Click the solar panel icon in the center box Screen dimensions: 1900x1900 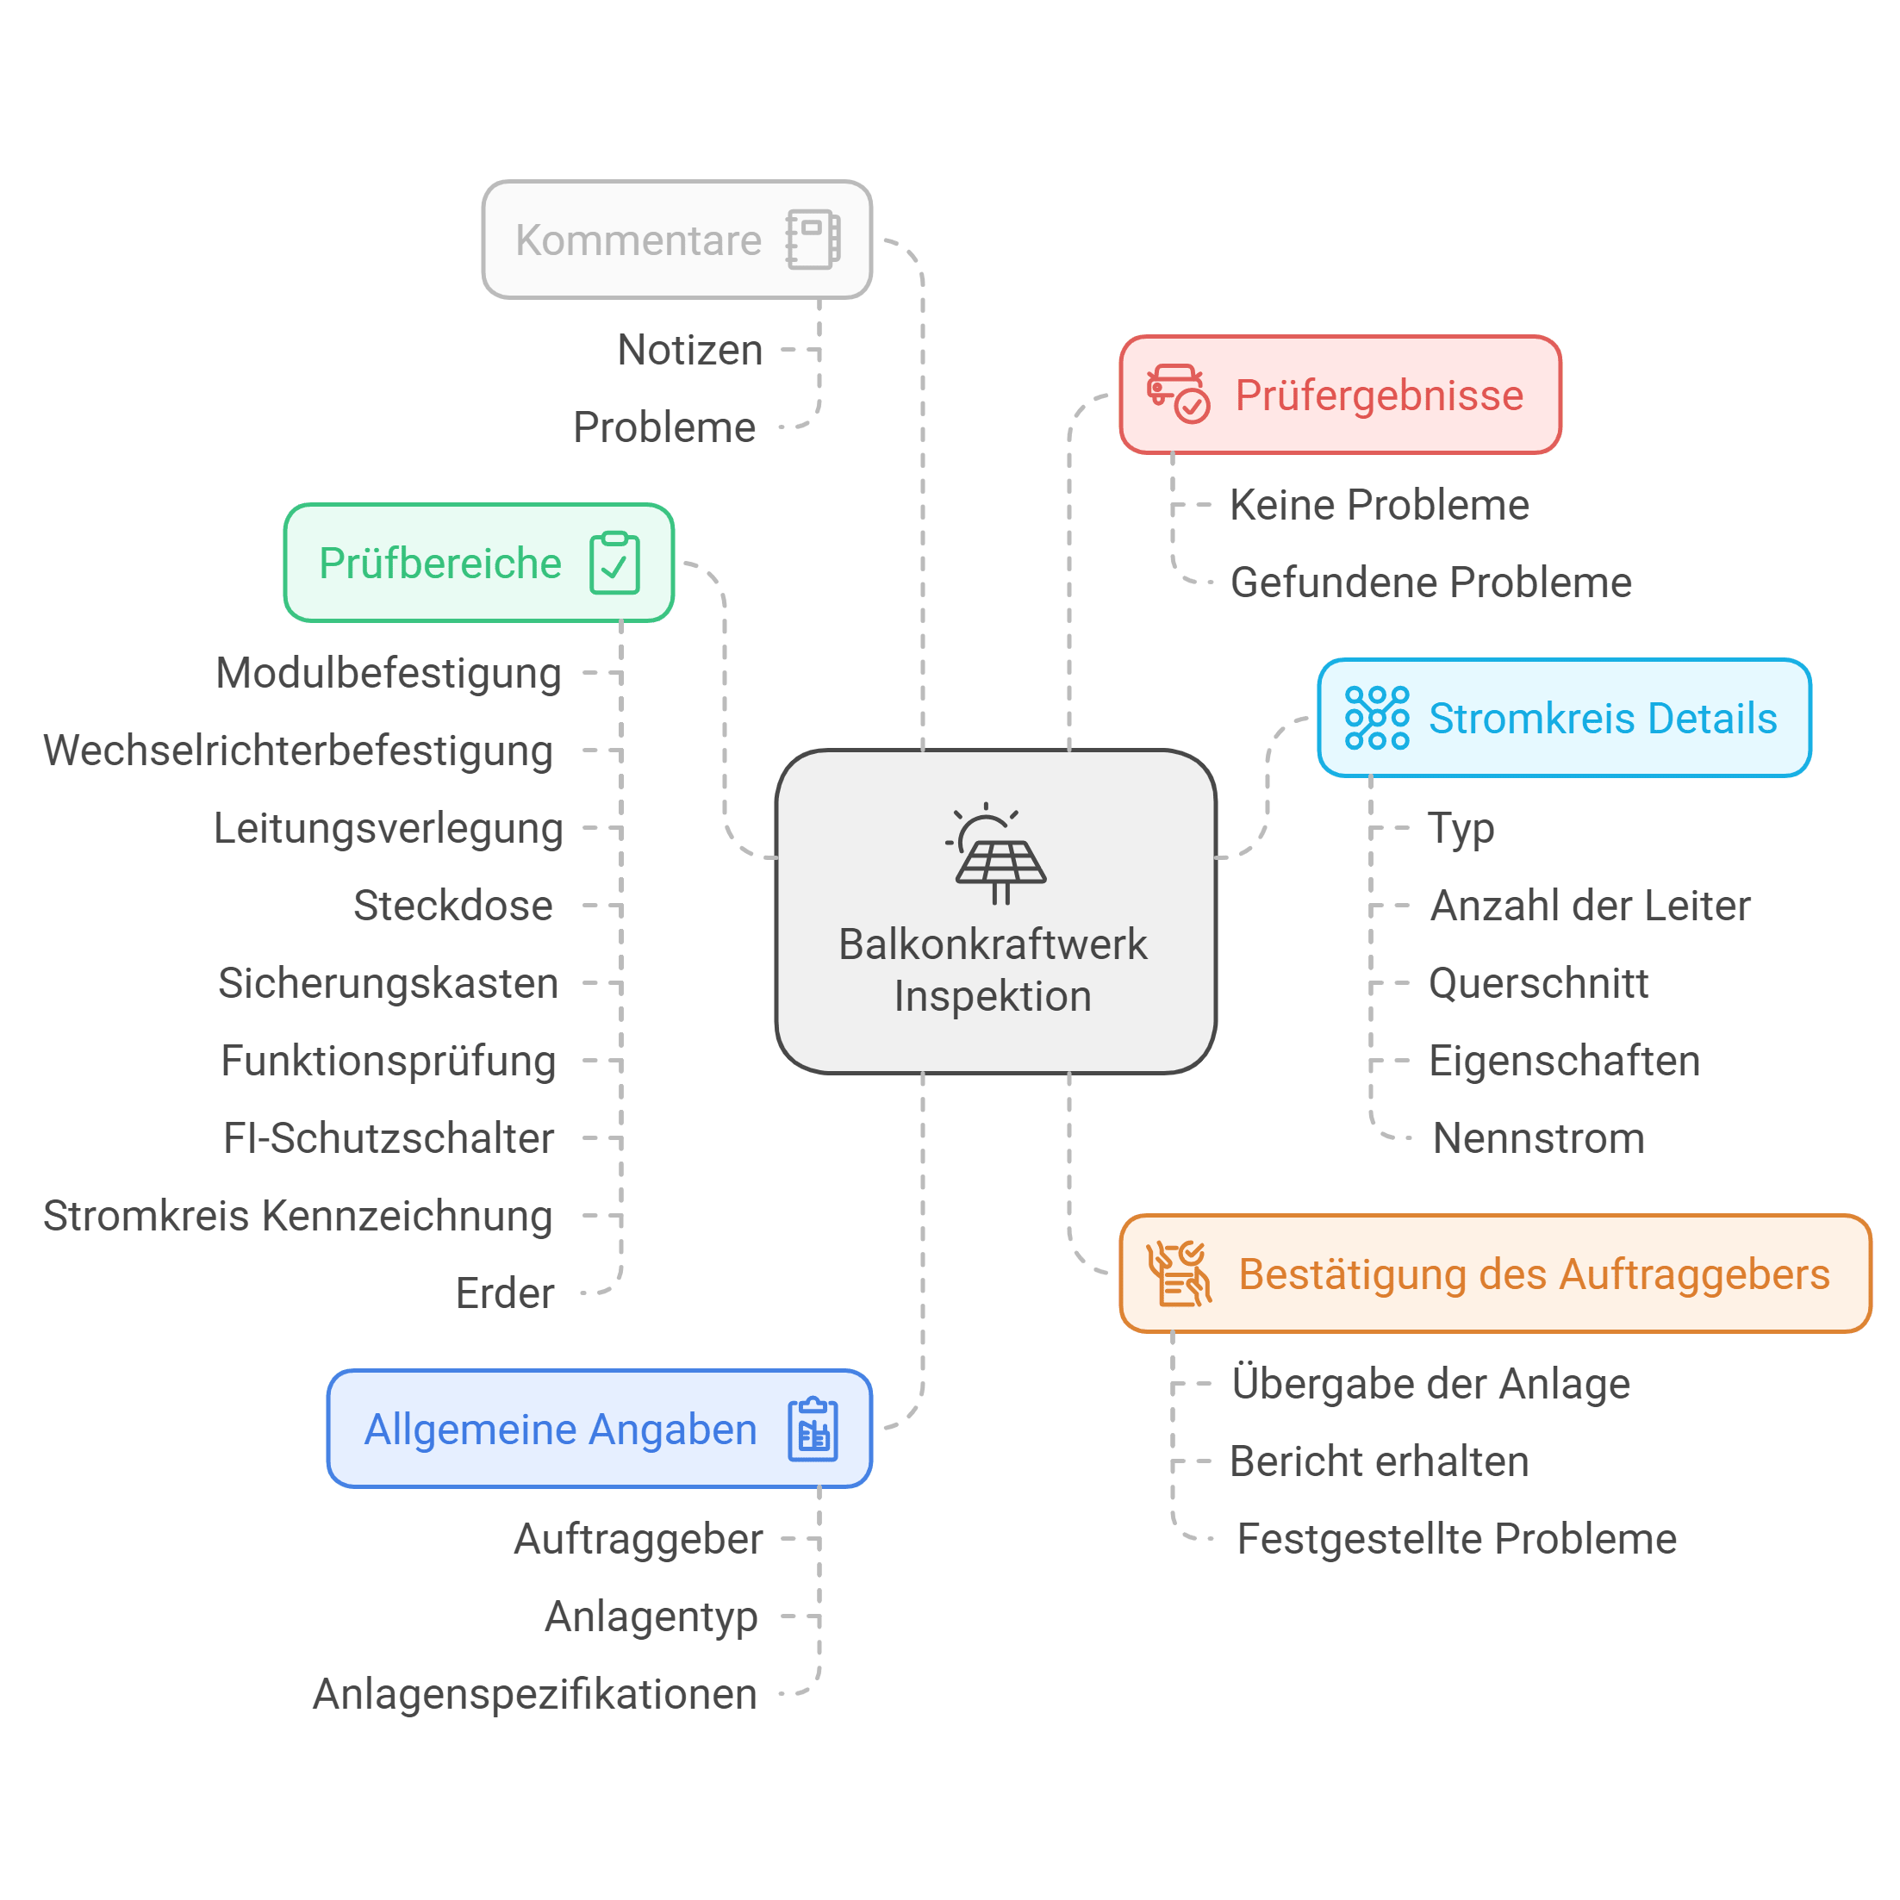pyautogui.click(x=995, y=854)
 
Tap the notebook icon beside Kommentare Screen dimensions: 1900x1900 pyautogui.click(x=813, y=239)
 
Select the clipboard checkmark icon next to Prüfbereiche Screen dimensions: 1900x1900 pyautogui.click(x=614, y=563)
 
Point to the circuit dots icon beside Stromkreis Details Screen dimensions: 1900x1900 pyautogui.click(x=1377, y=718)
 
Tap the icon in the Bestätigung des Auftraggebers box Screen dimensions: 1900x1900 pyautogui.click(x=1178, y=1274)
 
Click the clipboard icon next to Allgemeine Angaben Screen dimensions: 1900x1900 pyautogui.click(x=813, y=1429)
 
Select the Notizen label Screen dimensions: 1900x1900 pyautogui.click(x=690, y=350)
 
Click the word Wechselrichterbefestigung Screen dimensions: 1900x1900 pyautogui.click(x=298, y=751)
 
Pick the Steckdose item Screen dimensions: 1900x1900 pyautogui.click(x=453, y=906)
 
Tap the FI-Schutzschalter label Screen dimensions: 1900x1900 pyautogui.click(x=389, y=1139)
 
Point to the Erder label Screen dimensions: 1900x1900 pyautogui.click(x=504, y=1293)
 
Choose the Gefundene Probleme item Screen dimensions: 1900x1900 pyautogui.click(x=1431, y=582)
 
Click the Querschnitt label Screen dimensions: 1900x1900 pyautogui.click(x=1538, y=983)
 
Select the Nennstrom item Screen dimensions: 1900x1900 pyautogui.click(x=1538, y=1139)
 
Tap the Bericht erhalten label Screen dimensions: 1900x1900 pyautogui.click(x=1379, y=1461)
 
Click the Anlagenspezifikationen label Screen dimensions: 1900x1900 pyautogui.click(x=535, y=1694)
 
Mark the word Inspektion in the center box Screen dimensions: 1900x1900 pyautogui.click(x=994, y=996)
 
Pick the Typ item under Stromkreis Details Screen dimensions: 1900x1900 pyautogui.click(x=1461, y=829)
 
